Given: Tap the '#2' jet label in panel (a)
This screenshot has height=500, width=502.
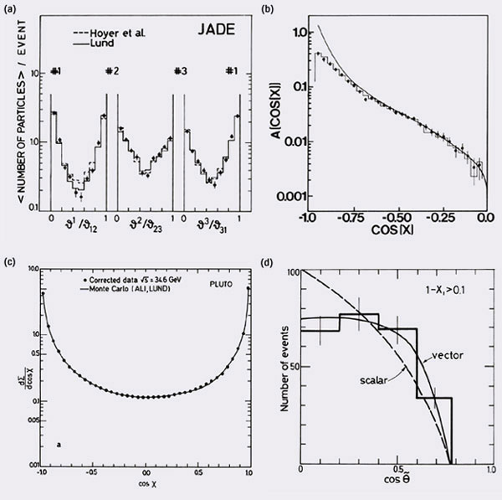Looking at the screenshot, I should (112, 70).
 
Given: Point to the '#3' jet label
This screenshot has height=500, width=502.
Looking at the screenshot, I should (179, 70).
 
